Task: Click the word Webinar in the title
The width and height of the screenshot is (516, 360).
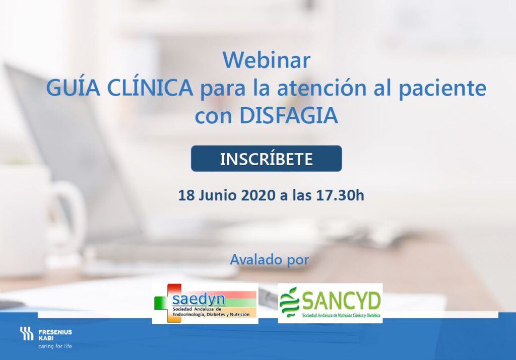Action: [x=267, y=60]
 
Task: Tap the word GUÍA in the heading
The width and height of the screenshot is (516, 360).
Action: [x=73, y=88]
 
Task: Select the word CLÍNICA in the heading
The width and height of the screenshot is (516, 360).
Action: [x=150, y=88]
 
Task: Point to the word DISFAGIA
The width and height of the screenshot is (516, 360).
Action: [x=289, y=115]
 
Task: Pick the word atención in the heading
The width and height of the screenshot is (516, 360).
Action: [x=322, y=88]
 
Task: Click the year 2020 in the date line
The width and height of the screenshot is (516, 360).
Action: [x=258, y=195]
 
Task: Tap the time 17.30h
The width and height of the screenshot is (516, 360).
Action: [x=340, y=195]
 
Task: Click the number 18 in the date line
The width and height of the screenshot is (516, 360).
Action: [x=186, y=195]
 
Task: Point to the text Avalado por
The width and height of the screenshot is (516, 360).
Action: [x=270, y=260]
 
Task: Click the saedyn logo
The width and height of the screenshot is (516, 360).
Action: [x=205, y=304]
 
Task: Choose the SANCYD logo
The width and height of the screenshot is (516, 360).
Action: [x=330, y=303]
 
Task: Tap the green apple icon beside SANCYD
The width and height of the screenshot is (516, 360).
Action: [x=289, y=302]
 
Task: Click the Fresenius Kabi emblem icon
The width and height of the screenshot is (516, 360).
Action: [x=27, y=333]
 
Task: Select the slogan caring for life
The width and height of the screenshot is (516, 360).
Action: [x=55, y=346]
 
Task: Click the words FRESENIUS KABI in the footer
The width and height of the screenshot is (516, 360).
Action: [x=55, y=335]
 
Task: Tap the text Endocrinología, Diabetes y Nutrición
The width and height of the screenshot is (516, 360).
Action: [x=211, y=315]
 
